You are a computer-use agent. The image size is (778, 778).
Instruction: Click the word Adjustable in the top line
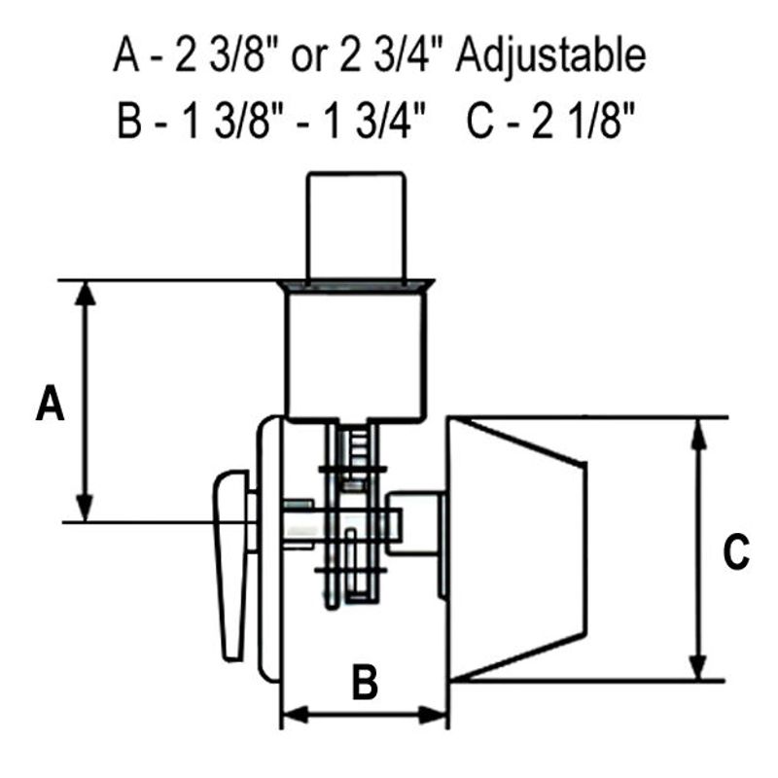[x=550, y=56]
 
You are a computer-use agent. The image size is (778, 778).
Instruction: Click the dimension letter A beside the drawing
[x=51, y=403]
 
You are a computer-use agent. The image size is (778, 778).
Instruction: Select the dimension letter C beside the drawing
[x=736, y=550]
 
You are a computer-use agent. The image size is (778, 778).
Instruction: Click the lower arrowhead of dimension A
[x=86, y=508]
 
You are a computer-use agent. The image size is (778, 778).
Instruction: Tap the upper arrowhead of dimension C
[x=698, y=433]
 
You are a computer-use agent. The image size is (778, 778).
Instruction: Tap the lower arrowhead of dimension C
[x=698, y=666]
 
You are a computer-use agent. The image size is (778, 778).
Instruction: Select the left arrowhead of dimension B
[x=296, y=715]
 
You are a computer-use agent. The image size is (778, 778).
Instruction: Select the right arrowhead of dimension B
[x=433, y=715]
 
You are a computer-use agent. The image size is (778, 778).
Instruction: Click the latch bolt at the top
[x=356, y=226]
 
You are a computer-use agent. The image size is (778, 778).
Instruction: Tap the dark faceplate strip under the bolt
[x=356, y=286]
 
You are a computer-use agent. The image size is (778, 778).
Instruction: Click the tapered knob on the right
[x=518, y=549]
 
